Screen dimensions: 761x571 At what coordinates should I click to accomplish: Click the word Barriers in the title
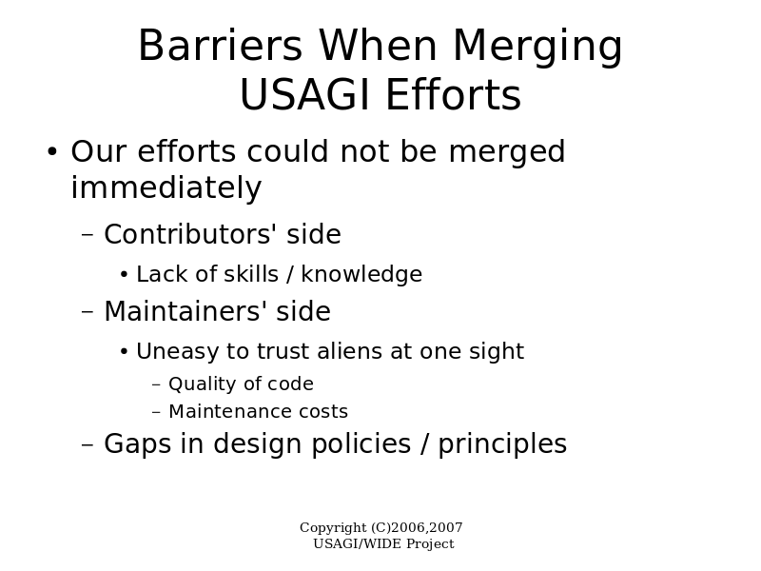[x=221, y=45]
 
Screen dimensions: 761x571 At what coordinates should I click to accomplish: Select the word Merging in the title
[x=537, y=47]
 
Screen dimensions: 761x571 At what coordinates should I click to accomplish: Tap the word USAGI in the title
[x=304, y=94]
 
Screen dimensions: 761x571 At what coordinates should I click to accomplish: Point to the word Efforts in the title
[x=454, y=94]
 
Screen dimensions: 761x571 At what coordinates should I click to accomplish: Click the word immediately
[x=166, y=187]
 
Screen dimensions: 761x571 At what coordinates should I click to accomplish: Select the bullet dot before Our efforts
[x=52, y=151]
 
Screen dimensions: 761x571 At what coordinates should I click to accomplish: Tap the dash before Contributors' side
[x=88, y=235]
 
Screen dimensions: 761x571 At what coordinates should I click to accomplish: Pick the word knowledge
[x=361, y=274]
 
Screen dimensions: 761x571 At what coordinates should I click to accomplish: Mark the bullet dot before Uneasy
[x=125, y=351]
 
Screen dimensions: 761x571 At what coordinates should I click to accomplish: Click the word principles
[x=502, y=444]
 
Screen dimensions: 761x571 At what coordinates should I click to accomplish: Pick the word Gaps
[x=137, y=444]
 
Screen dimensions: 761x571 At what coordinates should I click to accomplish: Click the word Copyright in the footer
[x=333, y=528]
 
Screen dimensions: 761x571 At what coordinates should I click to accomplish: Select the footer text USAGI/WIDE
[x=358, y=543]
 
